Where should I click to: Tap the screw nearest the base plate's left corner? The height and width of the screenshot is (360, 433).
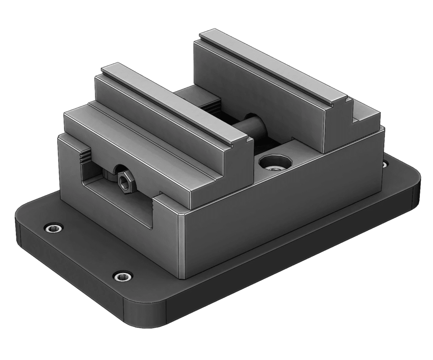[x=53, y=228]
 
